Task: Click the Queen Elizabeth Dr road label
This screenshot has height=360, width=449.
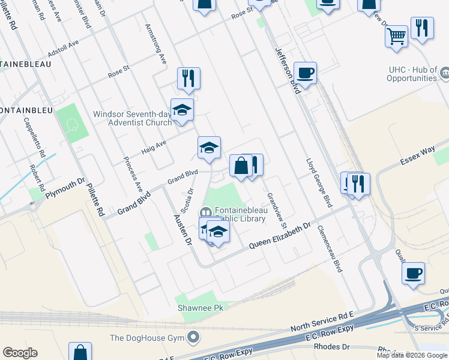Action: (281, 236)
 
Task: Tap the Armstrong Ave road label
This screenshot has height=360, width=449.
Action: (155, 44)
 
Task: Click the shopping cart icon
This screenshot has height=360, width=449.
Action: (396, 37)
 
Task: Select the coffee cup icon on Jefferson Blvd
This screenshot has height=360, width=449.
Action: (305, 73)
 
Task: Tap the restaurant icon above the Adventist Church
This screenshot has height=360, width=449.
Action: (188, 79)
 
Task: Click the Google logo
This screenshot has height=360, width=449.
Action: (20, 353)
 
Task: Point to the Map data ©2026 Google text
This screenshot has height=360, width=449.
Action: (412, 355)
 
